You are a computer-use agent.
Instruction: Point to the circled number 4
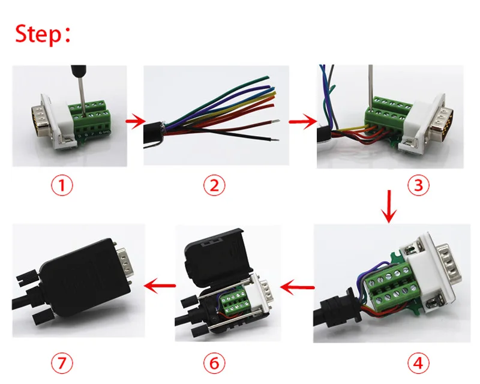coord(418,362)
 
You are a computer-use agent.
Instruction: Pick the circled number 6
coord(213,362)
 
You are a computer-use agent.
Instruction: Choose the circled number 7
coord(61,362)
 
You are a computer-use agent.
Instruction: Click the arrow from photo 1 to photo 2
coord(134,122)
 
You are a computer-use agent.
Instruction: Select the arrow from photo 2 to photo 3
coord(302,122)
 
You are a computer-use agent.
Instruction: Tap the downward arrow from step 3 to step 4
coord(390,208)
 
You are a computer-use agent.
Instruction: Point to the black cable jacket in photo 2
coord(157,128)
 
